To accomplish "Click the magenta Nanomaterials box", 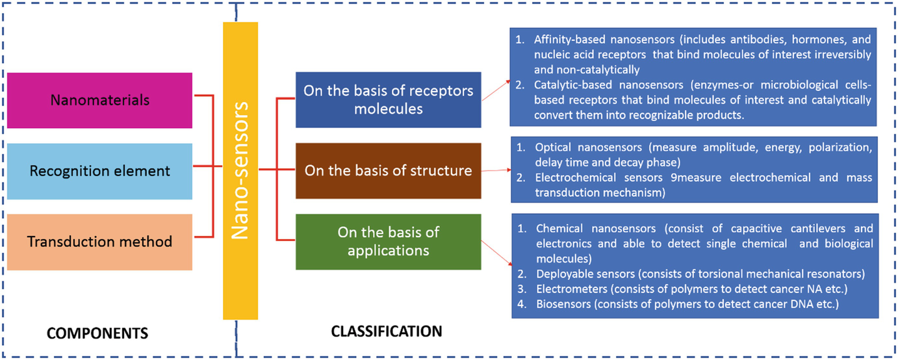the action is click(x=99, y=100).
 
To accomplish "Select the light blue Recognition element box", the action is click(x=99, y=171).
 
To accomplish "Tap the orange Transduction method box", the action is click(x=99, y=242).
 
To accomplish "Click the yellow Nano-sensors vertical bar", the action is click(x=240, y=171).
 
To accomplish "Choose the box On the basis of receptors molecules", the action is click(x=388, y=100).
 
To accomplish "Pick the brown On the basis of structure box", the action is click(x=388, y=171).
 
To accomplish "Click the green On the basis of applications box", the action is click(x=388, y=242).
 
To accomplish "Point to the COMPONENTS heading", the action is click(x=97, y=333).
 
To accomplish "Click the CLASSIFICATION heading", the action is click(x=387, y=331).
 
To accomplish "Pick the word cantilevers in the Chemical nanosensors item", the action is click(x=818, y=229).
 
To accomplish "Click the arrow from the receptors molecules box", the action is click(x=496, y=90).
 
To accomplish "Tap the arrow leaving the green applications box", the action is click(x=496, y=253).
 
